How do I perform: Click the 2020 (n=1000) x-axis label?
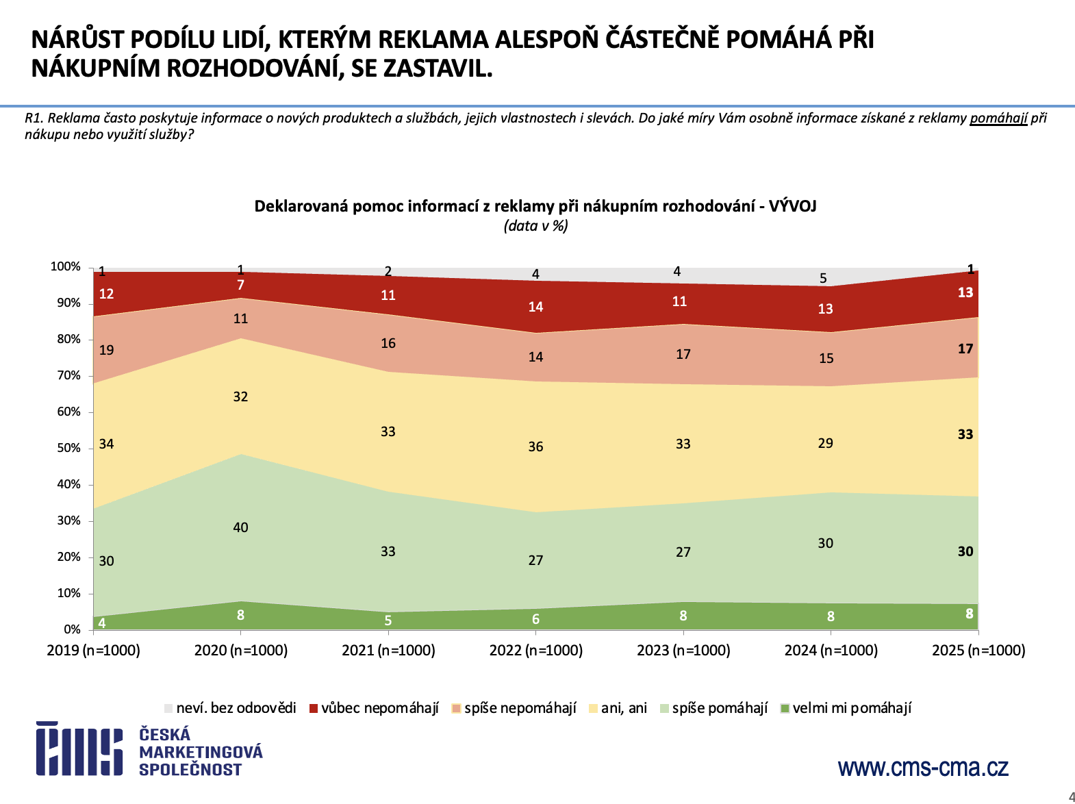(x=240, y=650)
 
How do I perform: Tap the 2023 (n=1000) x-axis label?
(x=683, y=650)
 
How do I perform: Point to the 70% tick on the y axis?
(x=69, y=375)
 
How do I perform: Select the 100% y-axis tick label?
(x=66, y=266)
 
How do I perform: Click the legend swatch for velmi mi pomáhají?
(x=785, y=708)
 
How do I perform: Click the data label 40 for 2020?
(x=240, y=527)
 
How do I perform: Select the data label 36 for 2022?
(x=535, y=447)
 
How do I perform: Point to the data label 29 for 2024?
(x=826, y=443)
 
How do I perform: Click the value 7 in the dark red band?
(x=240, y=285)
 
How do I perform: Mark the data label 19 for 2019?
(x=106, y=350)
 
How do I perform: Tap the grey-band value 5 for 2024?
(x=823, y=279)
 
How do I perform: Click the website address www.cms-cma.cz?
(x=923, y=767)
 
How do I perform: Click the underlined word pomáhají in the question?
(x=998, y=118)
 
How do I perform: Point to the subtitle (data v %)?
(x=535, y=226)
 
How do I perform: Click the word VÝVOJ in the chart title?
(x=792, y=206)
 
